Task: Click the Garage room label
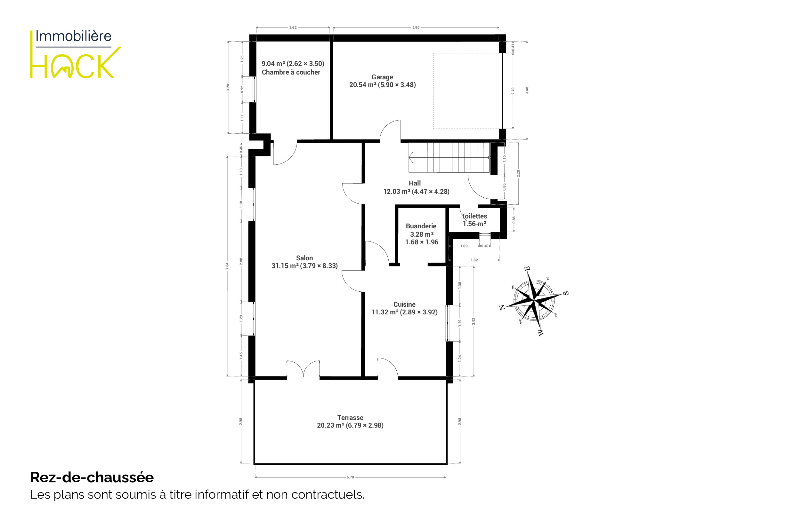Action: click(382, 77)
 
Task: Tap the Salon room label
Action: click(304, 258)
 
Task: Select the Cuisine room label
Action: click(404, 304)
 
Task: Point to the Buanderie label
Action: click(421, 226)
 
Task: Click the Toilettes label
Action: click(474, 216)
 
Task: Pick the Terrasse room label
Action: click(350, 418)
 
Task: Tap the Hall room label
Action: click(415, 183)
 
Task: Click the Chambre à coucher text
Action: click(291, 72)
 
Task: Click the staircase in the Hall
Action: click(449, 158)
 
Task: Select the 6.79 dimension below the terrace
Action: click(350, 478)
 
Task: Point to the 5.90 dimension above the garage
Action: click(416, 28)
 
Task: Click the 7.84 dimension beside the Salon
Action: click(227, 266)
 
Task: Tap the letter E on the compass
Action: click(527, 269)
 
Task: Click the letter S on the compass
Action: click(566, 293)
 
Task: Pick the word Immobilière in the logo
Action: click(73, 36)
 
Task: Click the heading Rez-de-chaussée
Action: click(92, 478)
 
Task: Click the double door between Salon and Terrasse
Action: click(303, 369)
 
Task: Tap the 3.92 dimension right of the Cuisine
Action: click(474, 321)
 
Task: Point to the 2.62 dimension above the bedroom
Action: click(293, 28)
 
